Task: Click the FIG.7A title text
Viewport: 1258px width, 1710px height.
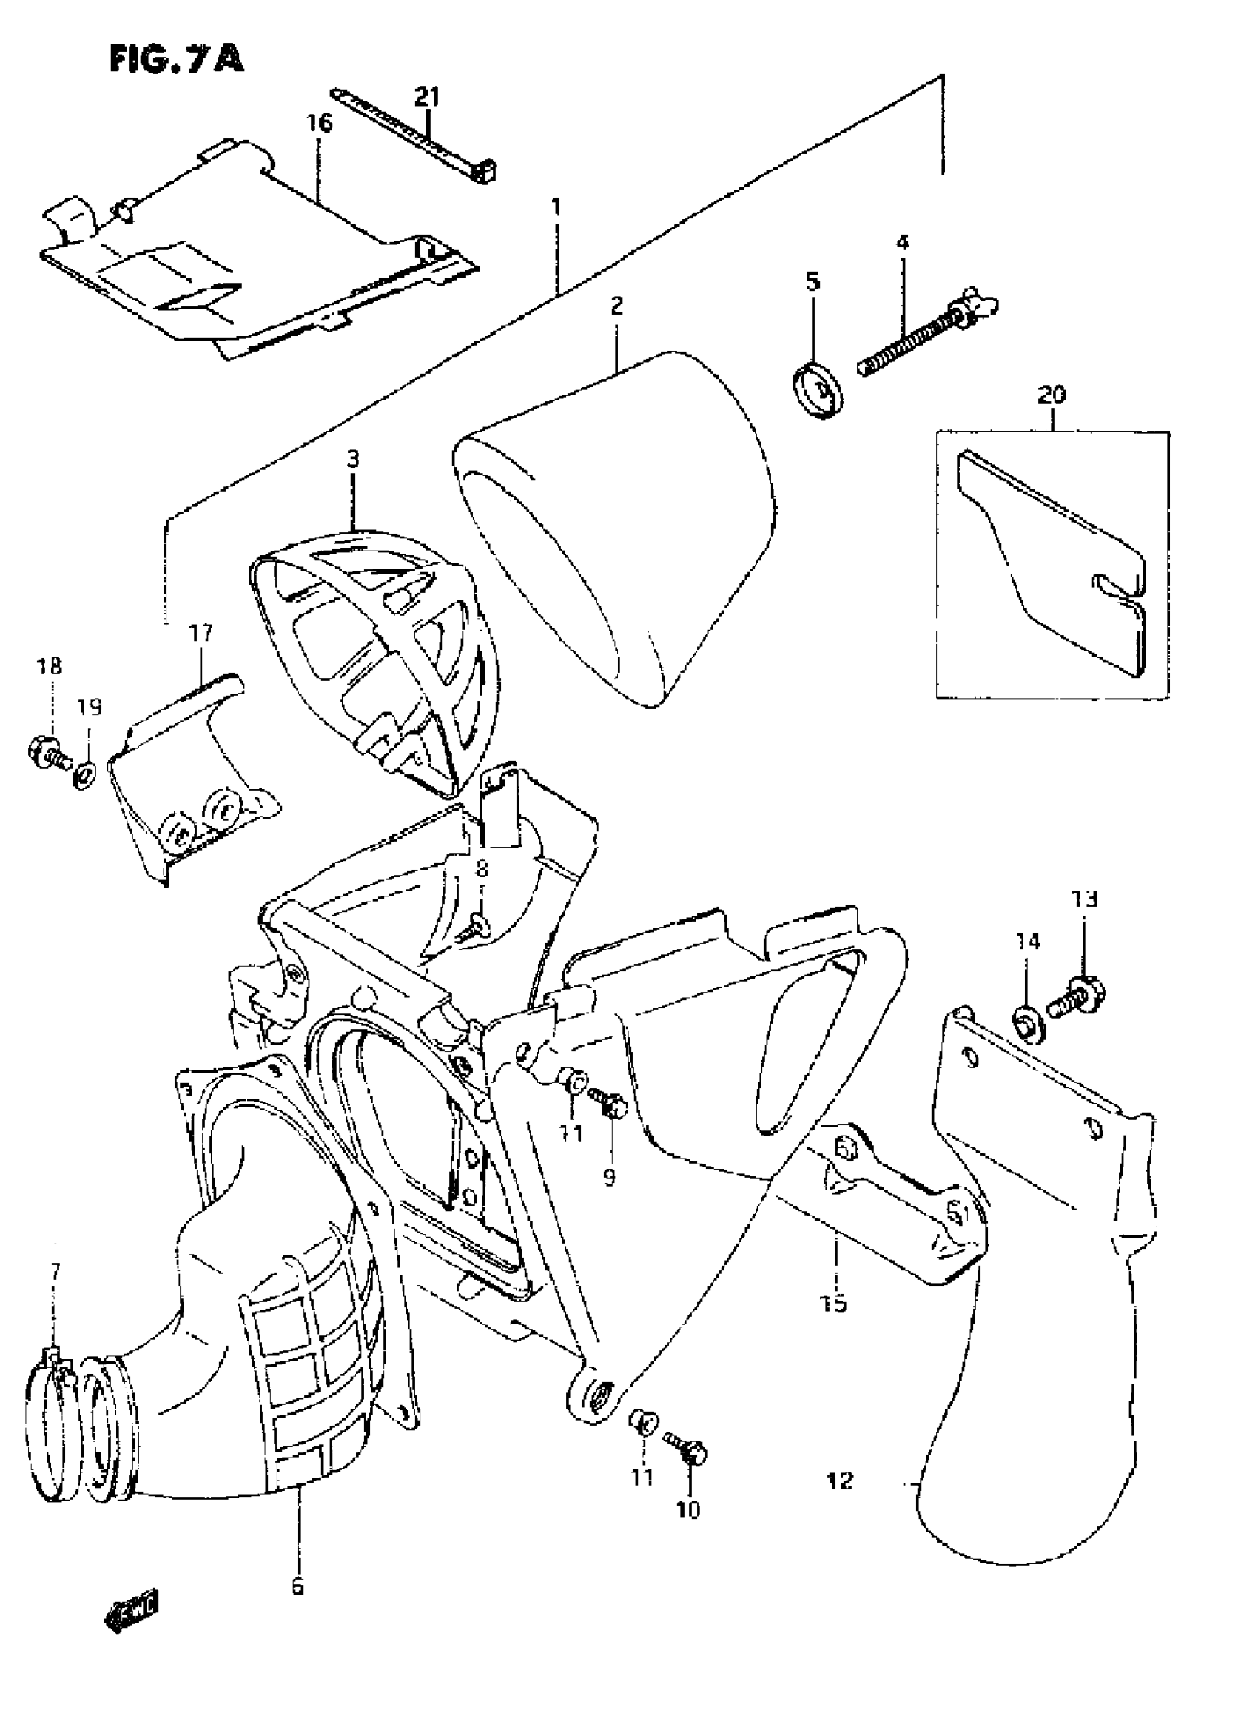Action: coord(177,58)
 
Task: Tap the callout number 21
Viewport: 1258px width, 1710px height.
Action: coord(427,97)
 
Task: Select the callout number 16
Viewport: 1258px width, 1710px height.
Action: coord(320,124)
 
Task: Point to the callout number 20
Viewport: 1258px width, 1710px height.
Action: coord(1052,395)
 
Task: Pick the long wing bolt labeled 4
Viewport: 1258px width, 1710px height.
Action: coord(925,337)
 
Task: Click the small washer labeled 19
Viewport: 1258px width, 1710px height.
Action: coord(85,777)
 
